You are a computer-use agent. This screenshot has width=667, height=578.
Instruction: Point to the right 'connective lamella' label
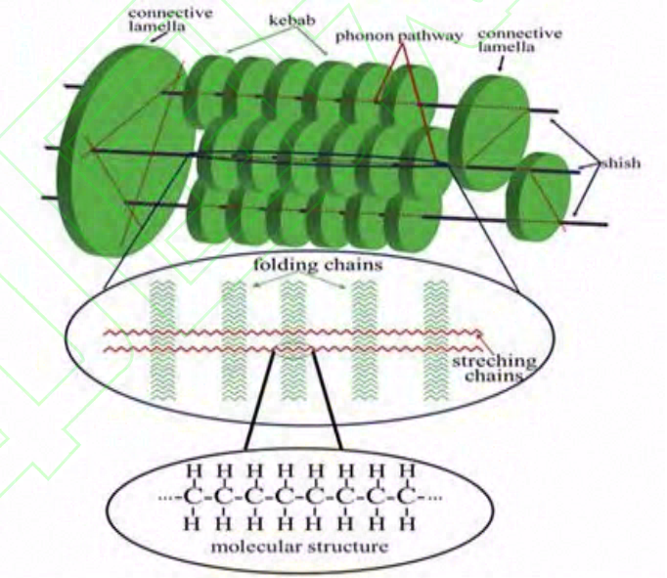coord(519,42)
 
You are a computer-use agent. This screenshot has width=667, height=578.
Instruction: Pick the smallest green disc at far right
coord(537,195)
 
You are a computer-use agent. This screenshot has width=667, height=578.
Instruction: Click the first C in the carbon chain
coord(194,497)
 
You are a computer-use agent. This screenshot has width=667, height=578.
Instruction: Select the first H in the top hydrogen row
coord(194,472)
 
